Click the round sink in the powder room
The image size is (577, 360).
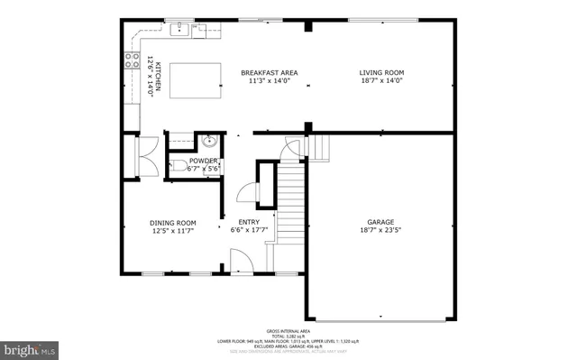[209, 141]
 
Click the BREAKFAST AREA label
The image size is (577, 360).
[269, 72]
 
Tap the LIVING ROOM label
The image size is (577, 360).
[381, 72]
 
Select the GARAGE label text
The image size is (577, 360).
[380, 221]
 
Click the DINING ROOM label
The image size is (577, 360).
[172, 222]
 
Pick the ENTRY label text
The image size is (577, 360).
[249, 222]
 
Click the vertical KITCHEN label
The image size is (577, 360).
[157, 76]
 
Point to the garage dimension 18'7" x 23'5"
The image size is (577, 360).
[380, 230]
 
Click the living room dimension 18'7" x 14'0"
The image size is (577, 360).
[381, 80]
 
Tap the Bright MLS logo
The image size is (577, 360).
[30, 347]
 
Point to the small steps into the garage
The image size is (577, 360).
[320, 146]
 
